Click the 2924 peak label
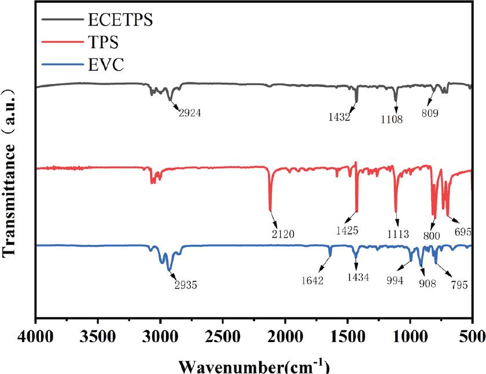click(x=190, y=113)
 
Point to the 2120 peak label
click(x=283, y=234)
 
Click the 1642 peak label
click(x=312, y=281)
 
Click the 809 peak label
click(x=430, y=114)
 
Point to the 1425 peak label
click(x=347, y=230)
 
